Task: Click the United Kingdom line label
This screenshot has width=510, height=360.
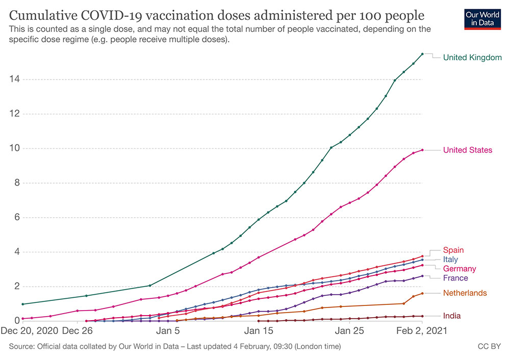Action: point(472,57)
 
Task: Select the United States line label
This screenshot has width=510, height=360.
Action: point(468,150)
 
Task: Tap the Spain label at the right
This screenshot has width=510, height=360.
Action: point(453,250)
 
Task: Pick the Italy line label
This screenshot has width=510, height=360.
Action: point(450,259)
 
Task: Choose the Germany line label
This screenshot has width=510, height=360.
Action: point(460,268)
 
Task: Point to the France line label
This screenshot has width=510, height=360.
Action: point(455,277)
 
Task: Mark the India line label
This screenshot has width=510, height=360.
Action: point(451,316)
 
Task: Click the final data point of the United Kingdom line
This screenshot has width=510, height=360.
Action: point(422,54)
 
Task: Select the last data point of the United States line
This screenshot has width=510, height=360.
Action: point(422,150)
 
